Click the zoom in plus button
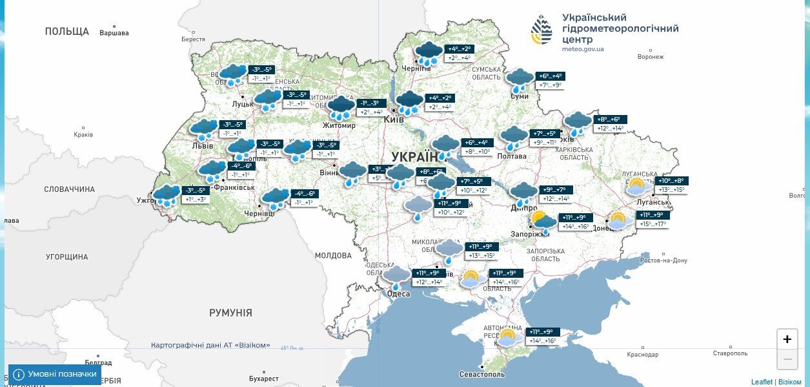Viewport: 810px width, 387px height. coord(787,339)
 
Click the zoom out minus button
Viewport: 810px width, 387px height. coord(787,359)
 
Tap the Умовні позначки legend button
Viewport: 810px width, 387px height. coord(55,374)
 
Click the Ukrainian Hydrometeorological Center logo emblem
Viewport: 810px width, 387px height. coord(541,30)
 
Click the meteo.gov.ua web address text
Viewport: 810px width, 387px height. coord(583,49)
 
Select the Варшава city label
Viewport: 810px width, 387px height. coord(114,33)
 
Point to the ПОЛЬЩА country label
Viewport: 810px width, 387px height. coord(66,31)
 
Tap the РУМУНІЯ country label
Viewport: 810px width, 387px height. coord(230,313)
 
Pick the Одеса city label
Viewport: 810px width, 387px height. coord(398,294)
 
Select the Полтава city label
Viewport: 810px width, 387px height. coord(512,156)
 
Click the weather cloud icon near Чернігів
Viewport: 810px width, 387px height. coord(429,53)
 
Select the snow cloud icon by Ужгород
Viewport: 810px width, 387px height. coord(167,195)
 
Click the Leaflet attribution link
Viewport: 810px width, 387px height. coord(762,382)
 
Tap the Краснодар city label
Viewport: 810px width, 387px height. coord(642,354)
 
